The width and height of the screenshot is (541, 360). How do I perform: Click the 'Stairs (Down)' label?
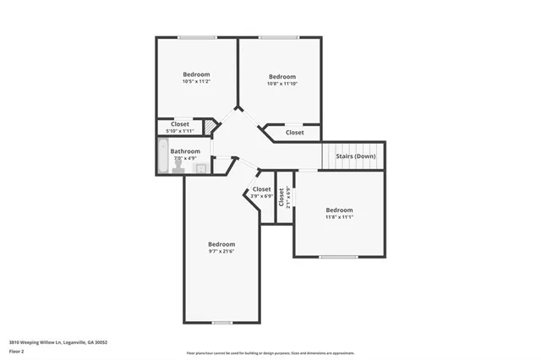350,156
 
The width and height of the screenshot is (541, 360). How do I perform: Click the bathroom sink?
201,168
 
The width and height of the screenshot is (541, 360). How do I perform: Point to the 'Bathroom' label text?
185,151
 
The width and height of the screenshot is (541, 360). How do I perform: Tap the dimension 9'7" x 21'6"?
221,251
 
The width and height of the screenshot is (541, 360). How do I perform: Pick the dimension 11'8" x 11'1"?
339,217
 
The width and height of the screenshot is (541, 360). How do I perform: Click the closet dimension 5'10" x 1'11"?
180,131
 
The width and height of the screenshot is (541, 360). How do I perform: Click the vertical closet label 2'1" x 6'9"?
285,198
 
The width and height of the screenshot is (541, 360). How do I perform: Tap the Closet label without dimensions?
294,133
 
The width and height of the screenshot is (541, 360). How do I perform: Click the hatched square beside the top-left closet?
210,127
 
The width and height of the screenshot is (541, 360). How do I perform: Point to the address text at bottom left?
58,342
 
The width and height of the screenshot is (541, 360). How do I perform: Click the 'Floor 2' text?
17,351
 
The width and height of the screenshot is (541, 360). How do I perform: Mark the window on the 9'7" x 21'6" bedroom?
221,322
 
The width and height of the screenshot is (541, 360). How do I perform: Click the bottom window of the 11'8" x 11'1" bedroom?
338,256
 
